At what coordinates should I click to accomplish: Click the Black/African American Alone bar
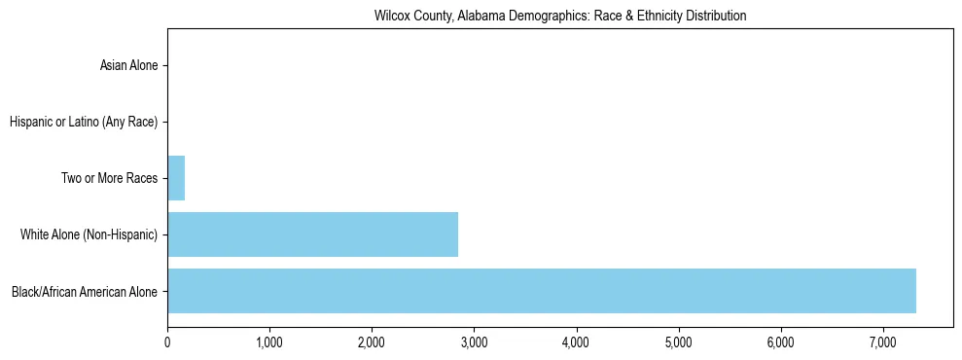point(541,291)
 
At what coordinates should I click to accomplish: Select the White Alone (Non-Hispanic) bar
point(312,234)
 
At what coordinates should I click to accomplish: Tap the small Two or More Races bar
point(176,178)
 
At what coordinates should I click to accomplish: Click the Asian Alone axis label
point(128,66)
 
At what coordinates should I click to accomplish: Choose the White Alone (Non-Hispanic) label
point(89,234)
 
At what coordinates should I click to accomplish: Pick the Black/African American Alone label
point(85,291)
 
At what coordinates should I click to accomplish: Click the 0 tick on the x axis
point(167,342)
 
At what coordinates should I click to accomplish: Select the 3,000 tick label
point(474,342)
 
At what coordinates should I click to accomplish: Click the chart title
point(559,17)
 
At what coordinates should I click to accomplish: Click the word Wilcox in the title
point(390,17)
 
